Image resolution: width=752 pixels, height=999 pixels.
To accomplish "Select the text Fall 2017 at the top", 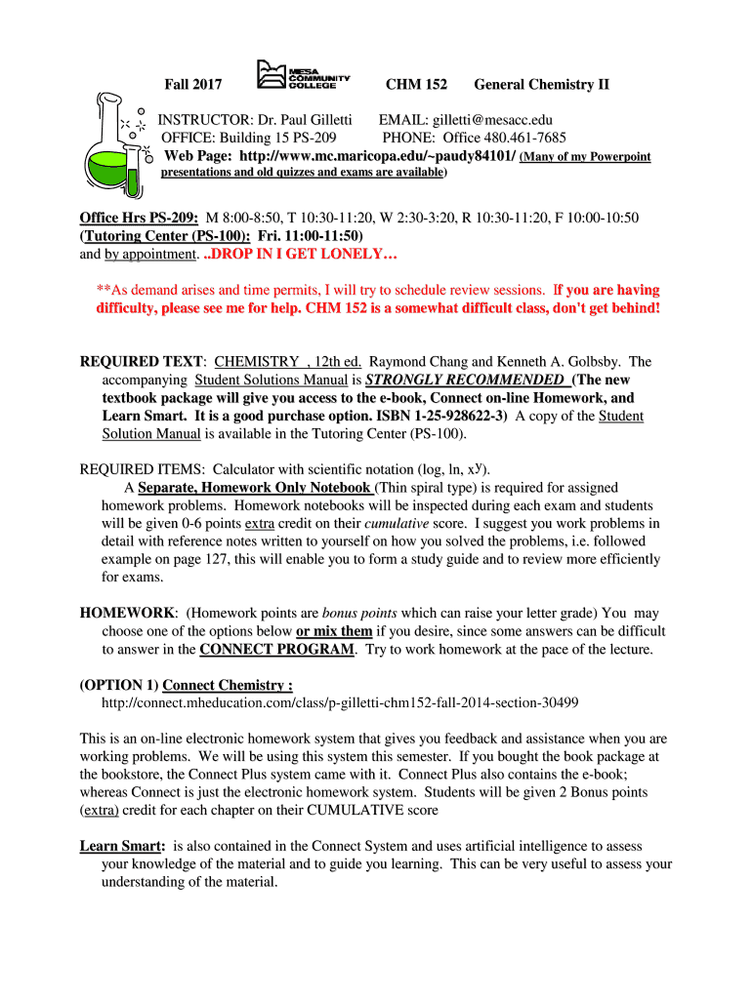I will tap(192, 85).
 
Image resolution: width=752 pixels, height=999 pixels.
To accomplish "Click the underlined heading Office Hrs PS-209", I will tap(140, 218).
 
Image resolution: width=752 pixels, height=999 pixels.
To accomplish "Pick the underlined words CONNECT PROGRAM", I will tap(276, 649).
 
